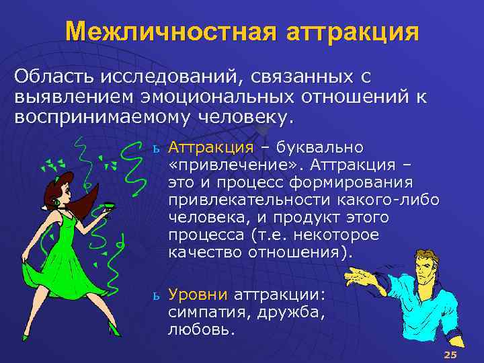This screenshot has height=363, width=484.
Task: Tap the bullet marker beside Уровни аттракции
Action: coord(155,296)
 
